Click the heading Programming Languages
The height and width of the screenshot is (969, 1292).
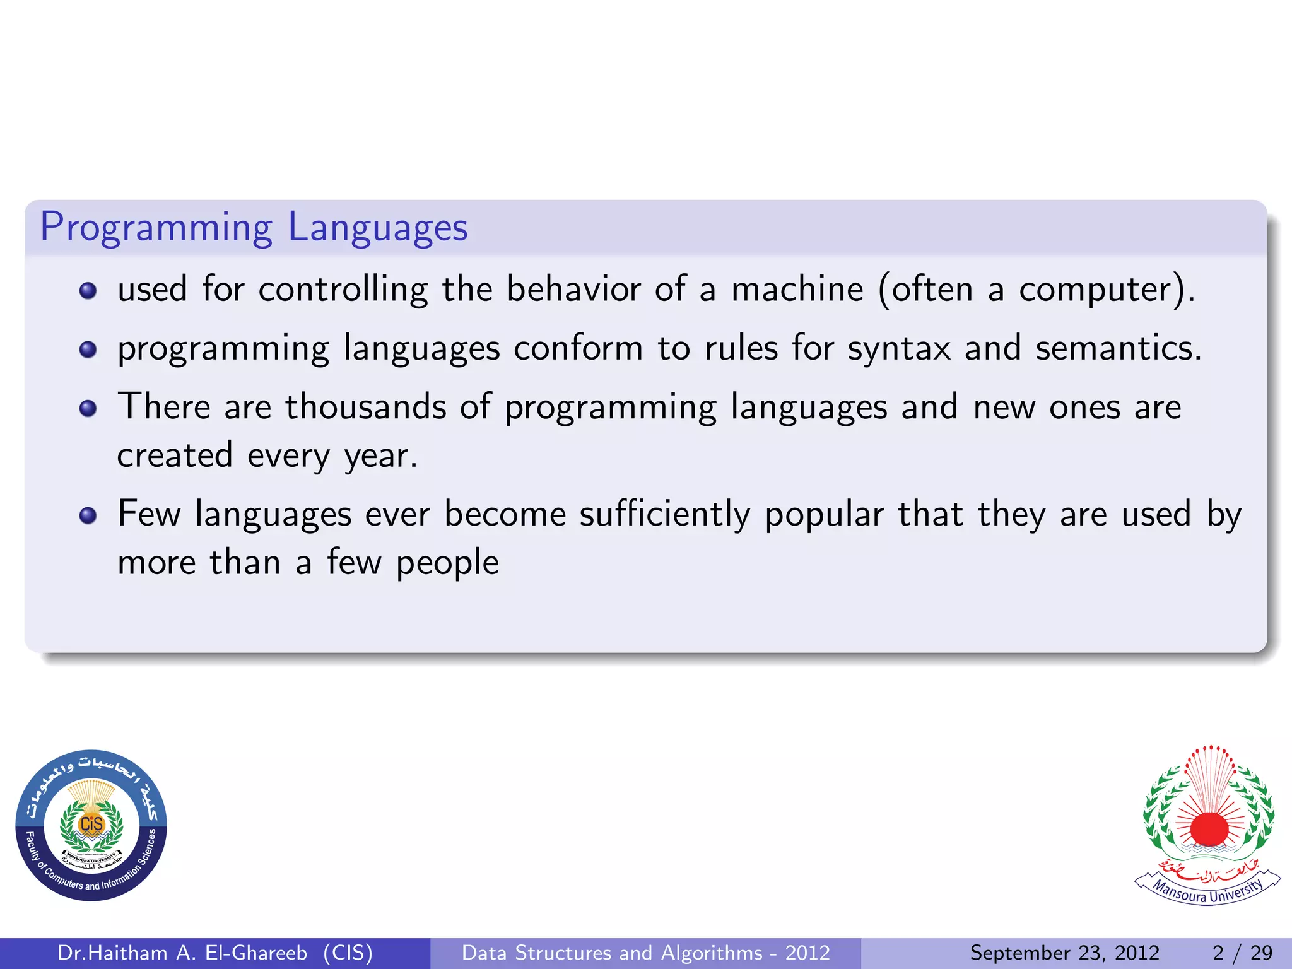tap(254, 227)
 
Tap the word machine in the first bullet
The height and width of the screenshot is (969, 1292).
tap(797, 290)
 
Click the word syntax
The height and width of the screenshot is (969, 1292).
tap(898, 348)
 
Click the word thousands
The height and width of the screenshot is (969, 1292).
tap(366, 406)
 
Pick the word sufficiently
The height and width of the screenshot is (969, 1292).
tap(665, 514)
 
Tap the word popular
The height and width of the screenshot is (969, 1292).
tap(824, 514)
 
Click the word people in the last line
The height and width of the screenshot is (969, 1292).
tap(447, 563)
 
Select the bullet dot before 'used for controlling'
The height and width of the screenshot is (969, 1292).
tap(88, 291)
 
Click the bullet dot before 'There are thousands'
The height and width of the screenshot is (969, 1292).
tap(88, 408)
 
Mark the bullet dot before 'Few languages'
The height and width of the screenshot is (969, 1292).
tap(88, 516)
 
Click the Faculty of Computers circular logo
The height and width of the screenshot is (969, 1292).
tap(91, 825)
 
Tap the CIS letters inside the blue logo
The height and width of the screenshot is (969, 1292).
tap(91, 824)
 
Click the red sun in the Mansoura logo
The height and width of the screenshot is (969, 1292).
tap(1209, 828)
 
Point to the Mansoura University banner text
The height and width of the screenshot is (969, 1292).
tap(1207, 890)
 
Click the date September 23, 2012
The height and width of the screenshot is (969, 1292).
tap(1064, 953)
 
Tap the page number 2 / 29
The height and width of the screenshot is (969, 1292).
tap(1242, 953)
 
